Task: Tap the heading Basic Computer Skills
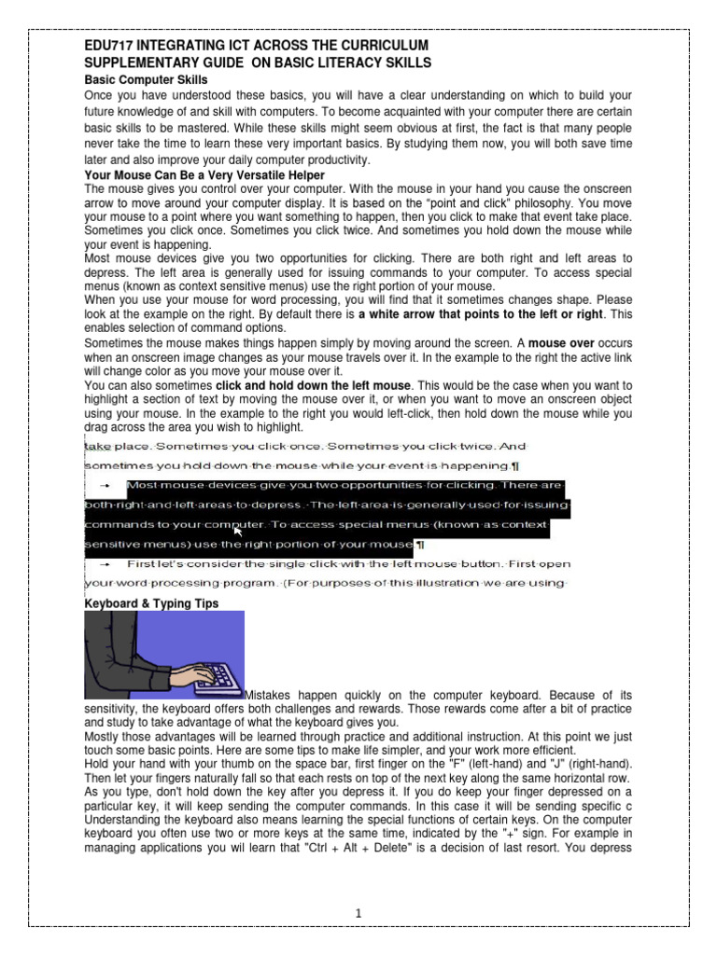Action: point(146,81)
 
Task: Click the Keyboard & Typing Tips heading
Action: point(151,603)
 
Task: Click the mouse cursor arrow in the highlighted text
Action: point(238,531)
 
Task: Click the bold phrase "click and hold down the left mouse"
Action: point(313,385)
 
